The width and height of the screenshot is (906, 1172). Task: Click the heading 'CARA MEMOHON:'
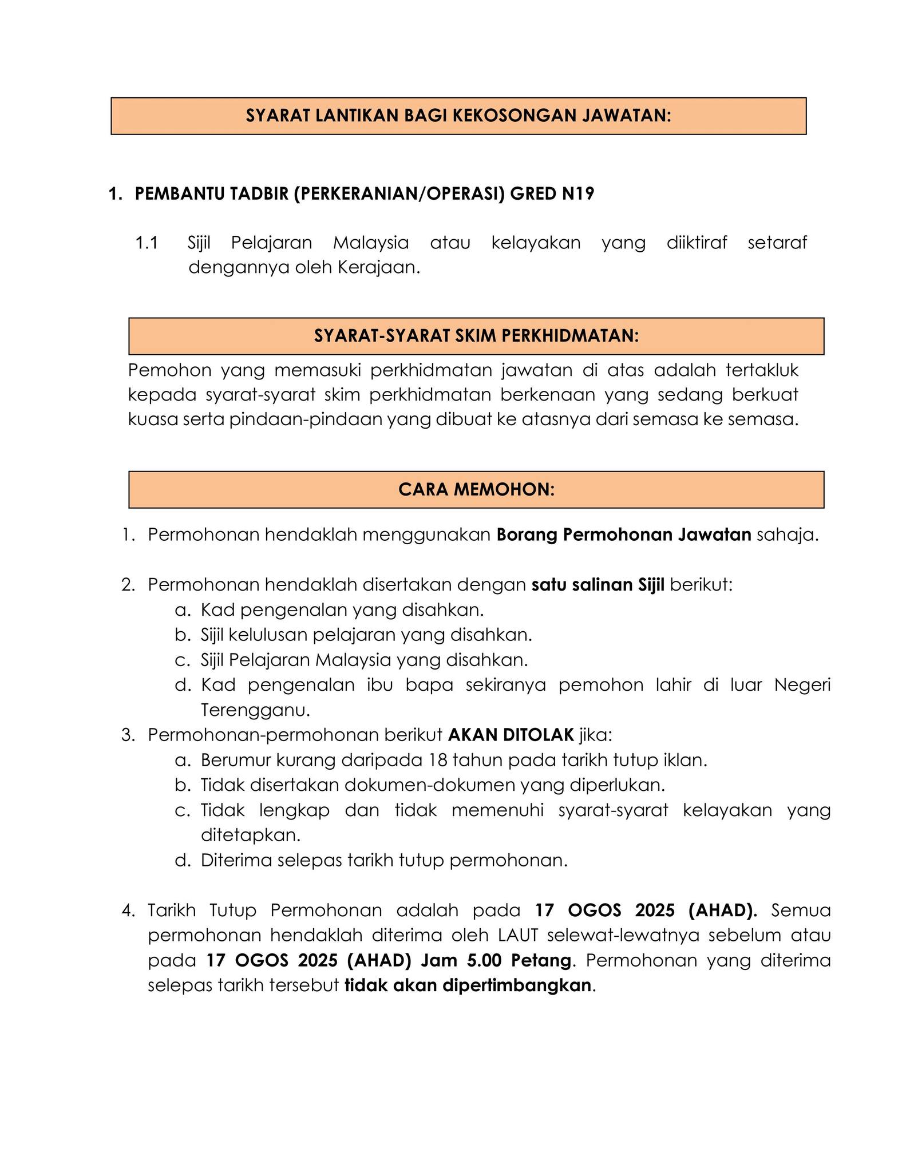[476, 490]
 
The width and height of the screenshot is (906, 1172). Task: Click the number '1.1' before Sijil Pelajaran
[147, 243]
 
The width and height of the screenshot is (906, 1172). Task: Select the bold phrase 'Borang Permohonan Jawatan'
[623, 535]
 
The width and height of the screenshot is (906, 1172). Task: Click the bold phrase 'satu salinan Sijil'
[598, 585]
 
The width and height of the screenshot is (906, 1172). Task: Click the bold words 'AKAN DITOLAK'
[511, 735]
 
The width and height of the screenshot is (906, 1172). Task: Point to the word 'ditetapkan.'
[250, 836]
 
